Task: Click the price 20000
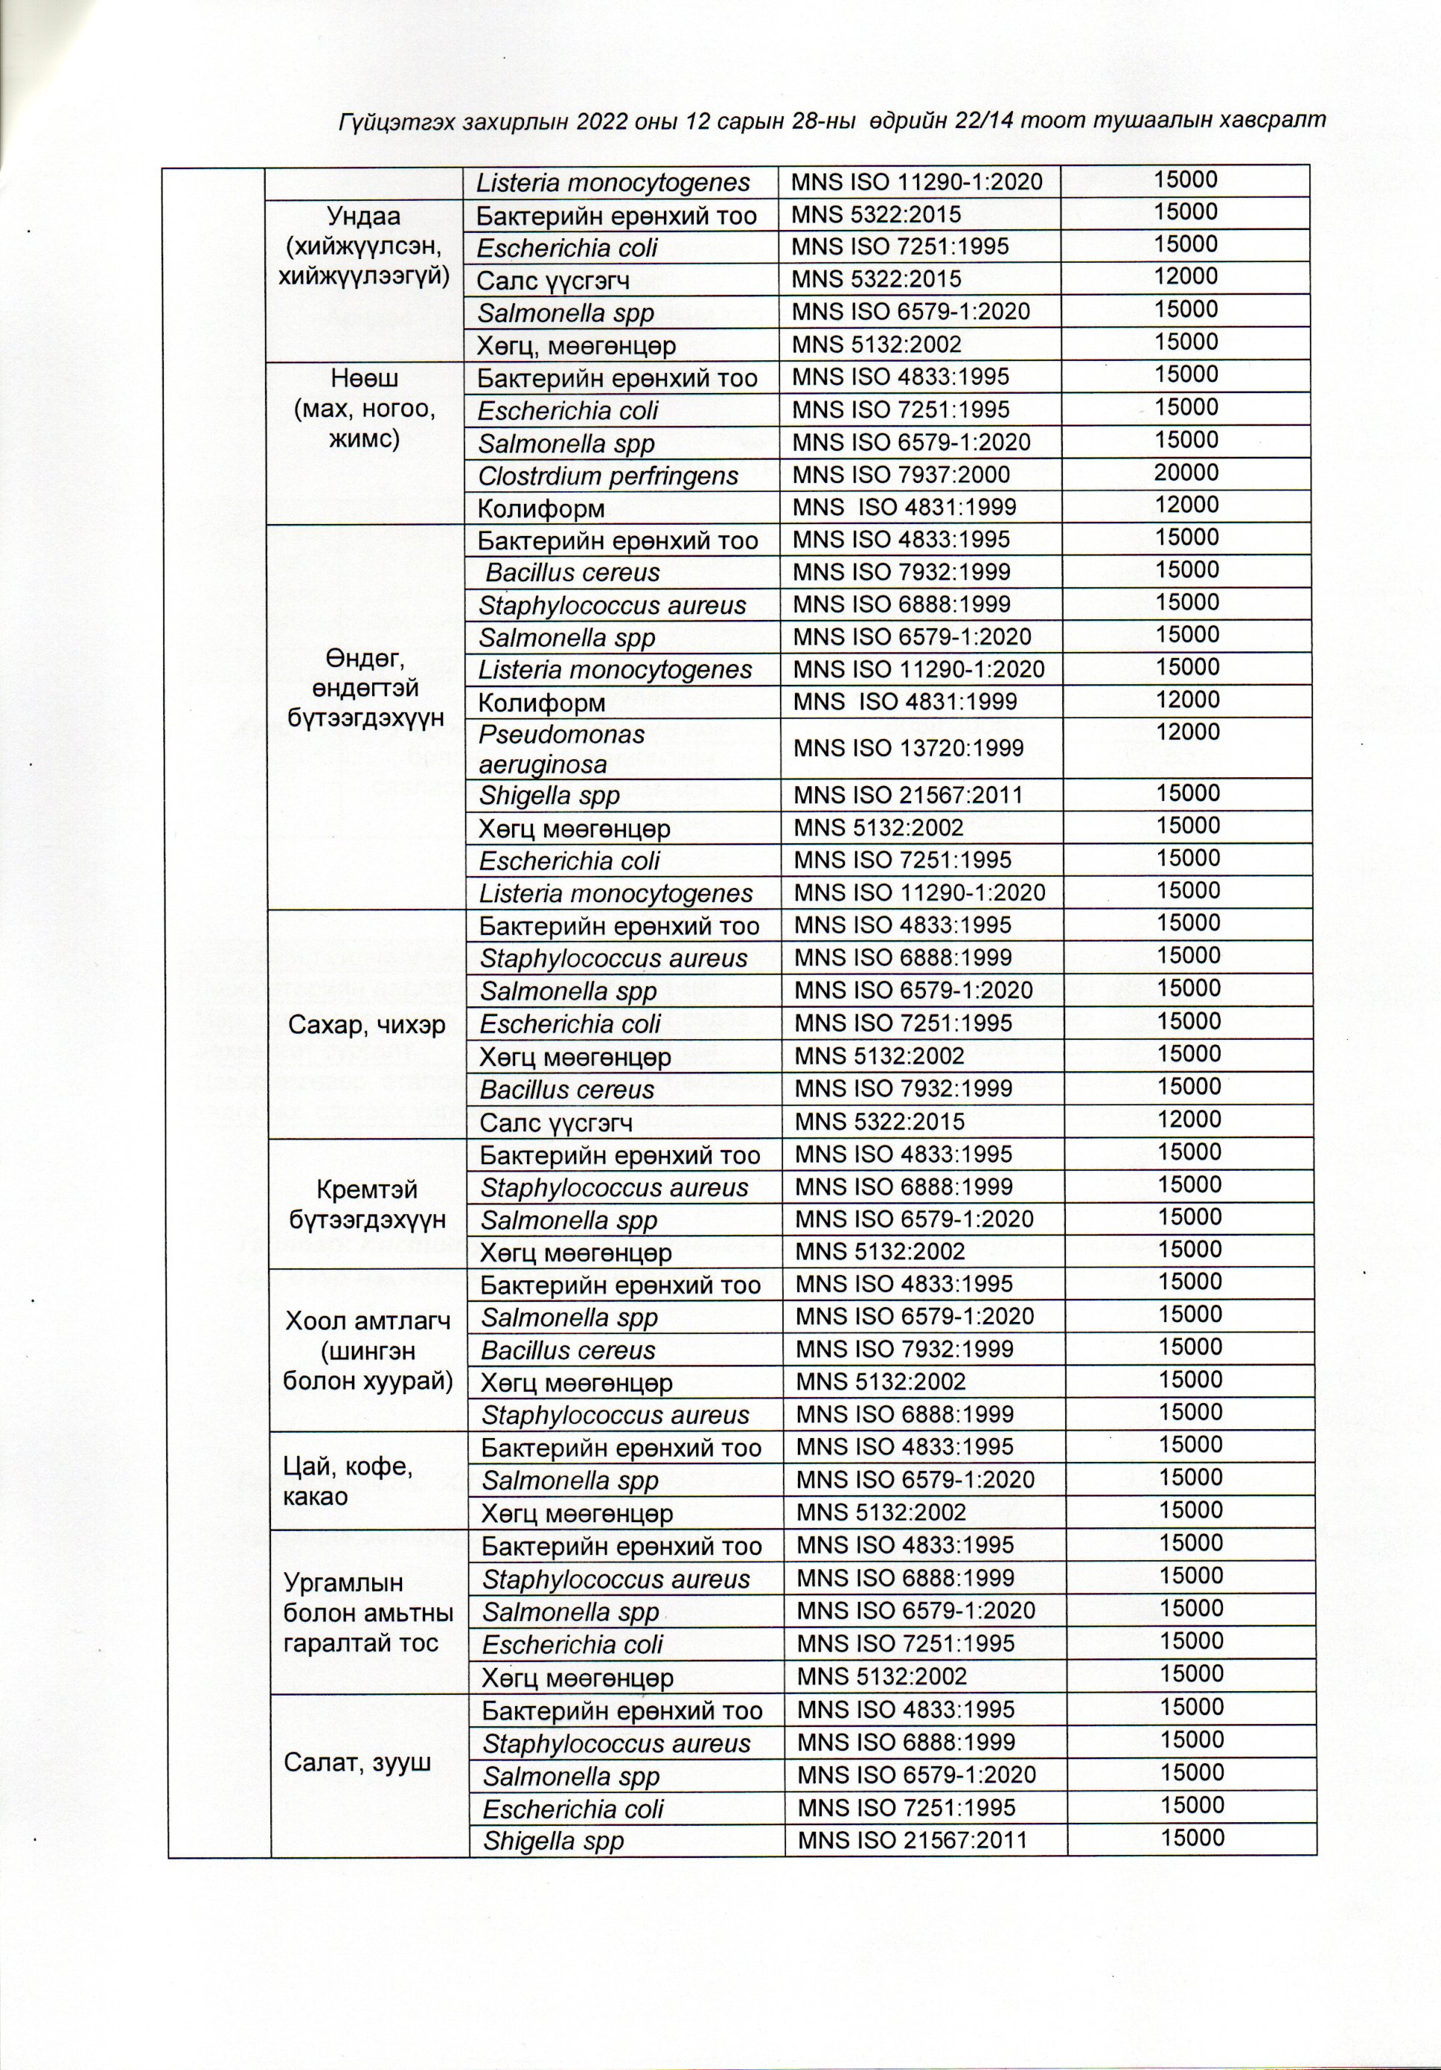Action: coord(1186,473)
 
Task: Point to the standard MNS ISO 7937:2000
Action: coord(900,475)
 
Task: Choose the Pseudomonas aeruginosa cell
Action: coord(562,748)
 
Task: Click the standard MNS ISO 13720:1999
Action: coord(908,747)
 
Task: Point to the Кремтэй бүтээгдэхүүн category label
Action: coord(367,1204)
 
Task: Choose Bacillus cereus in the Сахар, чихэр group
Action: coord(566,1089)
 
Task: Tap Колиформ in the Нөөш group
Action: coord(541,508)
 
